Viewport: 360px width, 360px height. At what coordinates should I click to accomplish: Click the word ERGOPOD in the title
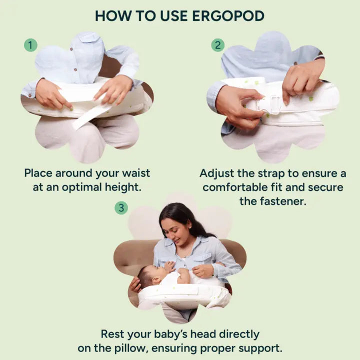228,16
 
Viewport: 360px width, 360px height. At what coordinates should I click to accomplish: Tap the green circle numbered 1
30,45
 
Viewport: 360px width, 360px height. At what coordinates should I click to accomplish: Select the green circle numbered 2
217,45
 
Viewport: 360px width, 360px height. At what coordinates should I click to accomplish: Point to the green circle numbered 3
121,208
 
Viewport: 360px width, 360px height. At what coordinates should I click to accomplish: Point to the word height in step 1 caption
123,187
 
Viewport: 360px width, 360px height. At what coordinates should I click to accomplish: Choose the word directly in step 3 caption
239,334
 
